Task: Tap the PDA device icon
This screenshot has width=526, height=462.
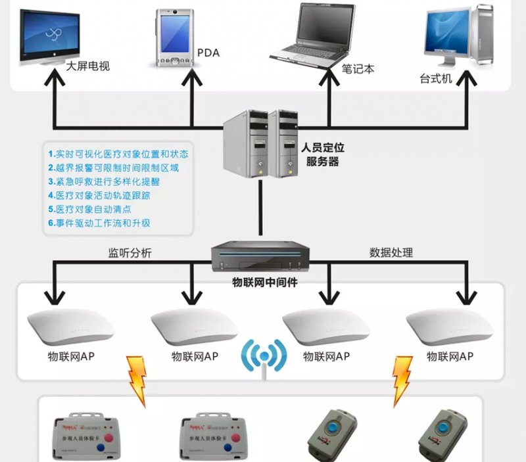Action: point(174,38)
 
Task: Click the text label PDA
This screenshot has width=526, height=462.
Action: point(208,53)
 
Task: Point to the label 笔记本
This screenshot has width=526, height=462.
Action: point(358,68)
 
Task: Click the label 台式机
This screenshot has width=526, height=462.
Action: point(436,78)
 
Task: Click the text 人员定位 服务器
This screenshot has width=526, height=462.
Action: point(322,155)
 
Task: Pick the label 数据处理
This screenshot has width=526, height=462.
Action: point(391,252)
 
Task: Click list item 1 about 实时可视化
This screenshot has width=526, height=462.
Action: point(118,154)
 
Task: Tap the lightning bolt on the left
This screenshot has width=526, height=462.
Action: point(137,379)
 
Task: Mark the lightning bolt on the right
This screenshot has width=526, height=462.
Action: point(402,379)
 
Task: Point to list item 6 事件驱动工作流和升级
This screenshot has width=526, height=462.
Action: point(99,223)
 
